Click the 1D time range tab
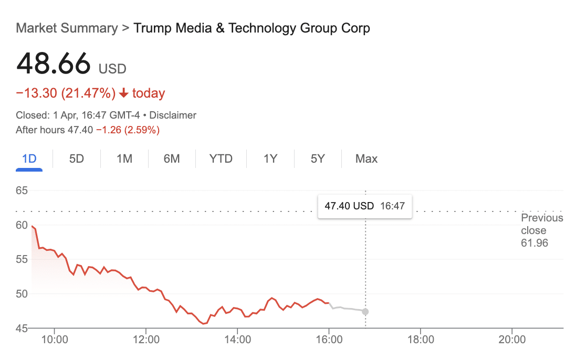pyautogui.click(x=29, y=158)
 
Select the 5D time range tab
pyautogui.click(x=77, y=158)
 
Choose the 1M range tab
pyautogui.click(x=124, y=158)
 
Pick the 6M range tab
pyautogui.click(x=172, y=158)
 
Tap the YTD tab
pyautogui.click(x=221, y=158)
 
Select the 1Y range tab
pyautogui.click(x=270, y=158)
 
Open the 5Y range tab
pyautogui.click(x=318, y=158)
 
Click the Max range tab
pyautogui.click(x=366, y=158)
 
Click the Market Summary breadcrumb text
pyautogui.click(x=67, y=28)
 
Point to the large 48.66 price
pyautogui.click(x=54, y=64)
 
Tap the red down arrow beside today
pyautogui.click(x=124, y=93)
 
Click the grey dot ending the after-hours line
pyautogui.click(x=365, y=312)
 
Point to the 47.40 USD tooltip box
pyautogui.click(x=364, y=206)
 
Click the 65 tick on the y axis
pyautogui.click(x=22, y=190)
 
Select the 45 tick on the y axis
pyautogui.click(x=22, y=329)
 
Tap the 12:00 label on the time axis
pyautogui.click(x=145, y=340)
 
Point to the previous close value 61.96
pyautogui.click(x=534, y=243)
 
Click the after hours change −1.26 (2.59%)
pyautogui.click(x=128, y=130)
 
